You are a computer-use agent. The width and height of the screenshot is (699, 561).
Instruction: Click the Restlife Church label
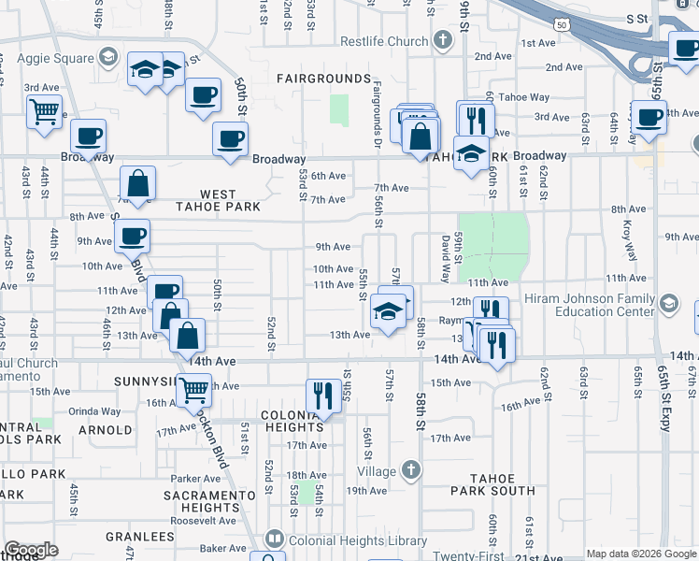[383, 41]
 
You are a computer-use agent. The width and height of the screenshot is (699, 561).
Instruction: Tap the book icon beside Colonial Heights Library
[274, 539]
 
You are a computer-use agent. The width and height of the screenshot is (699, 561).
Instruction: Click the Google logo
[31, 550]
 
